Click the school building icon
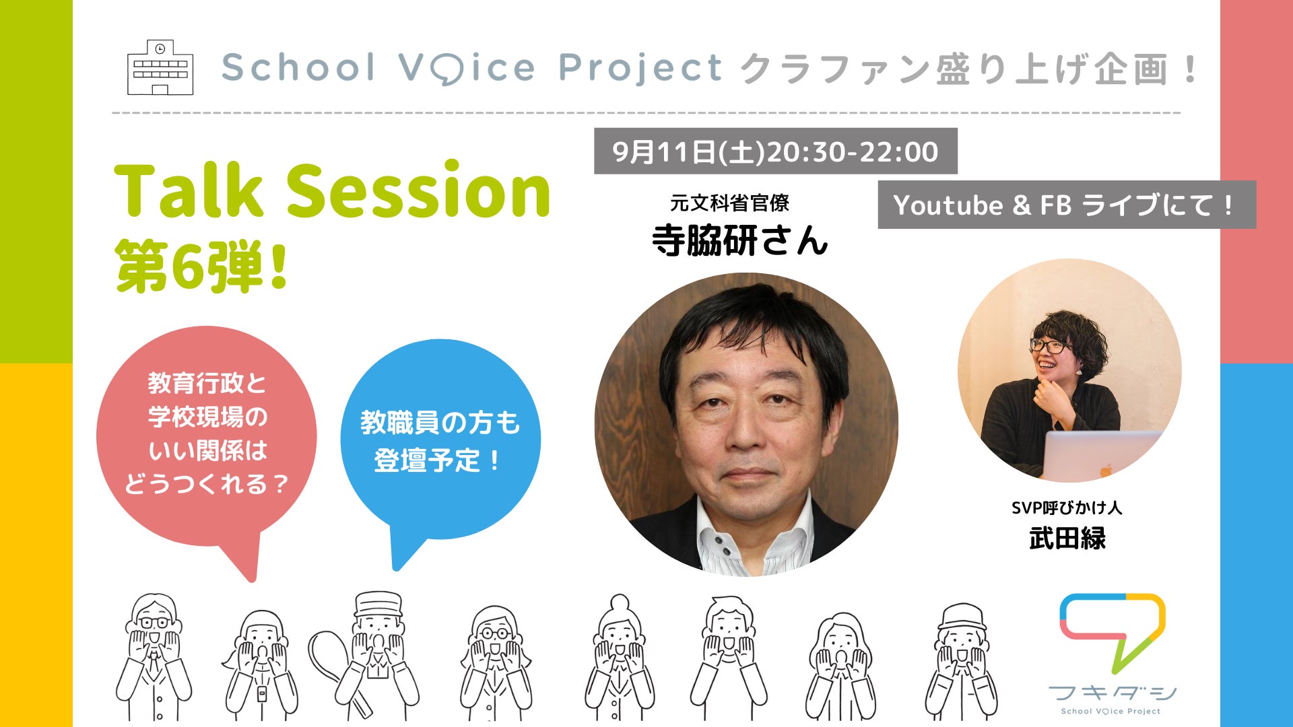coord(160,67)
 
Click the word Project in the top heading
coord(640,69)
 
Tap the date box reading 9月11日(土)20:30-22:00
coord(775,151)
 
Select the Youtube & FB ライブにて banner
coord(1067,205)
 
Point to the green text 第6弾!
coord(202,266)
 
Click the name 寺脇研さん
coord(739,240)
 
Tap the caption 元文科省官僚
coord(729,203)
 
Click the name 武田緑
coord(1067,539)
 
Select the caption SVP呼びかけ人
coord(1067,508)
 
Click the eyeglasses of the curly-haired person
coord(1049,347)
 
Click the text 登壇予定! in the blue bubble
coord(436,461)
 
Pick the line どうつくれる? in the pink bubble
coord(207,483)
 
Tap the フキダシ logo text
coord(1113,693)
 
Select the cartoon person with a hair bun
coord(619,657)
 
